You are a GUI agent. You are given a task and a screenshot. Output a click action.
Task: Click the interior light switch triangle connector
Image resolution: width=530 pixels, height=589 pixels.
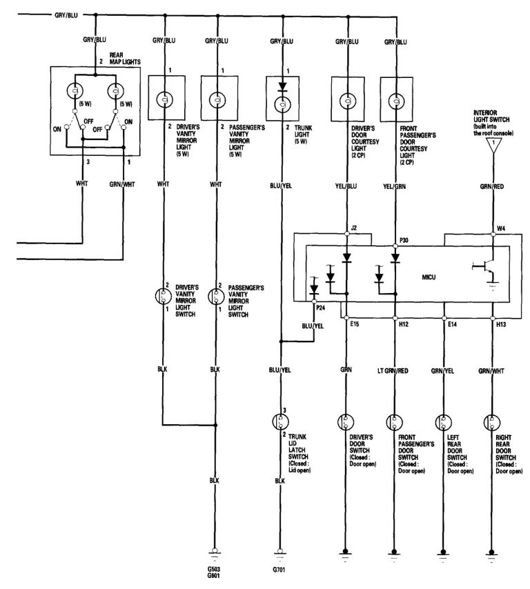[x=493, y=146]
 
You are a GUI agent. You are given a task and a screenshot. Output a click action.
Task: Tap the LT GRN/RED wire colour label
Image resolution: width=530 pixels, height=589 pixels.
[x=394, y=371]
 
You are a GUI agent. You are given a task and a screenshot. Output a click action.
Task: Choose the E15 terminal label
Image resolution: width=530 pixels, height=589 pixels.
[x=355, y=323]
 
